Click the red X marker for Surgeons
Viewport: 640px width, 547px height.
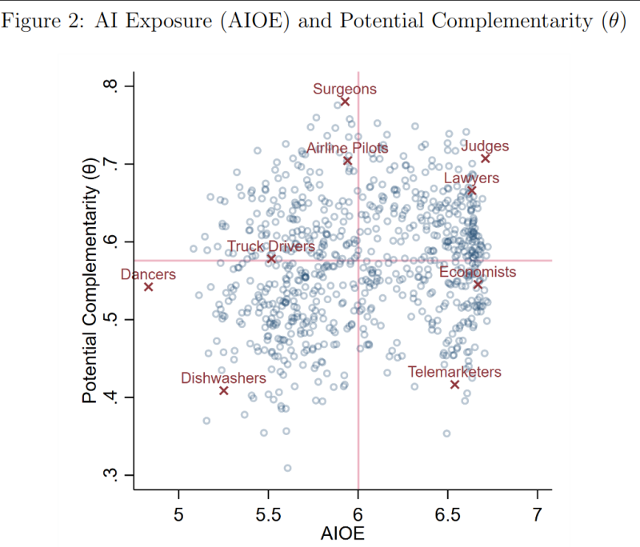pyautogui.click(x=345, y=102)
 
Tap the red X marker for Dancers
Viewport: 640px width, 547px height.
pyautogui.click(x=149, y=287)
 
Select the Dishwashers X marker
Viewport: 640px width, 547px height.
pyautogui.click(x=224, y=390)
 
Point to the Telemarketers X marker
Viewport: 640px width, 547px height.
pyautogui.click(x=454, y=385)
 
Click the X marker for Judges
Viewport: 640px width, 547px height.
pyautogui.click(x=486, y=159)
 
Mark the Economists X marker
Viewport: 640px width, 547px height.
pyautogui.click(x=478, y=285)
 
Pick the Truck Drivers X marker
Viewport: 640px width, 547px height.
pyautogui.click(x=271, y=258)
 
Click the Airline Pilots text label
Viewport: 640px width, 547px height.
pyautogui.click(x=347, y=148)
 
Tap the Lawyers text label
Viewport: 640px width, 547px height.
pyautogui.click(x=471, y=178)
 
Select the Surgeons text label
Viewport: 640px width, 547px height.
pyautogui.click(x=344, y=89)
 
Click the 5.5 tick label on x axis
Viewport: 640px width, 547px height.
pyautogui.click(x=268, y=513)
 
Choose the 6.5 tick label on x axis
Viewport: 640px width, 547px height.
pyautogui.click(x=447, y=513)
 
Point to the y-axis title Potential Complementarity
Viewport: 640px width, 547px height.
pyautogui.click(x=90, y=280)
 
